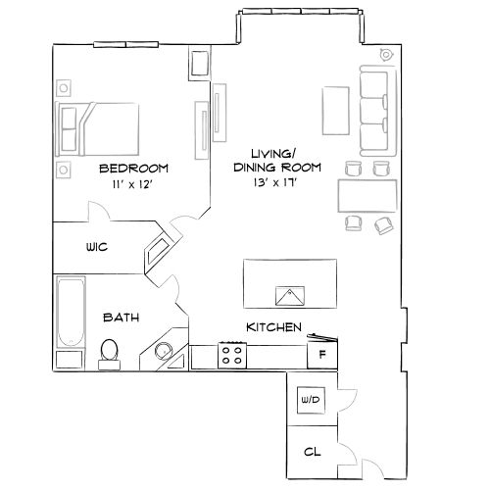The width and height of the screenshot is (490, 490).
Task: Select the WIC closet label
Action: click(97, 247)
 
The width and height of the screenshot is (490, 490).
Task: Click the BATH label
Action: click(122, 318)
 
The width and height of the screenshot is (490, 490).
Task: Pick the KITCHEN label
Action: click(273, 327)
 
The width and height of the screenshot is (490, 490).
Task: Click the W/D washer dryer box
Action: click(312, 400)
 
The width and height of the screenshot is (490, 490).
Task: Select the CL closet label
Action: click(312, 452)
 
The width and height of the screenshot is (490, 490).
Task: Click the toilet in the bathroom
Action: click(110, 351)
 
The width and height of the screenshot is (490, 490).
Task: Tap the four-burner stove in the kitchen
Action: click(232, 355)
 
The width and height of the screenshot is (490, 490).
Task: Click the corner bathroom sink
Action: click(163, 350)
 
